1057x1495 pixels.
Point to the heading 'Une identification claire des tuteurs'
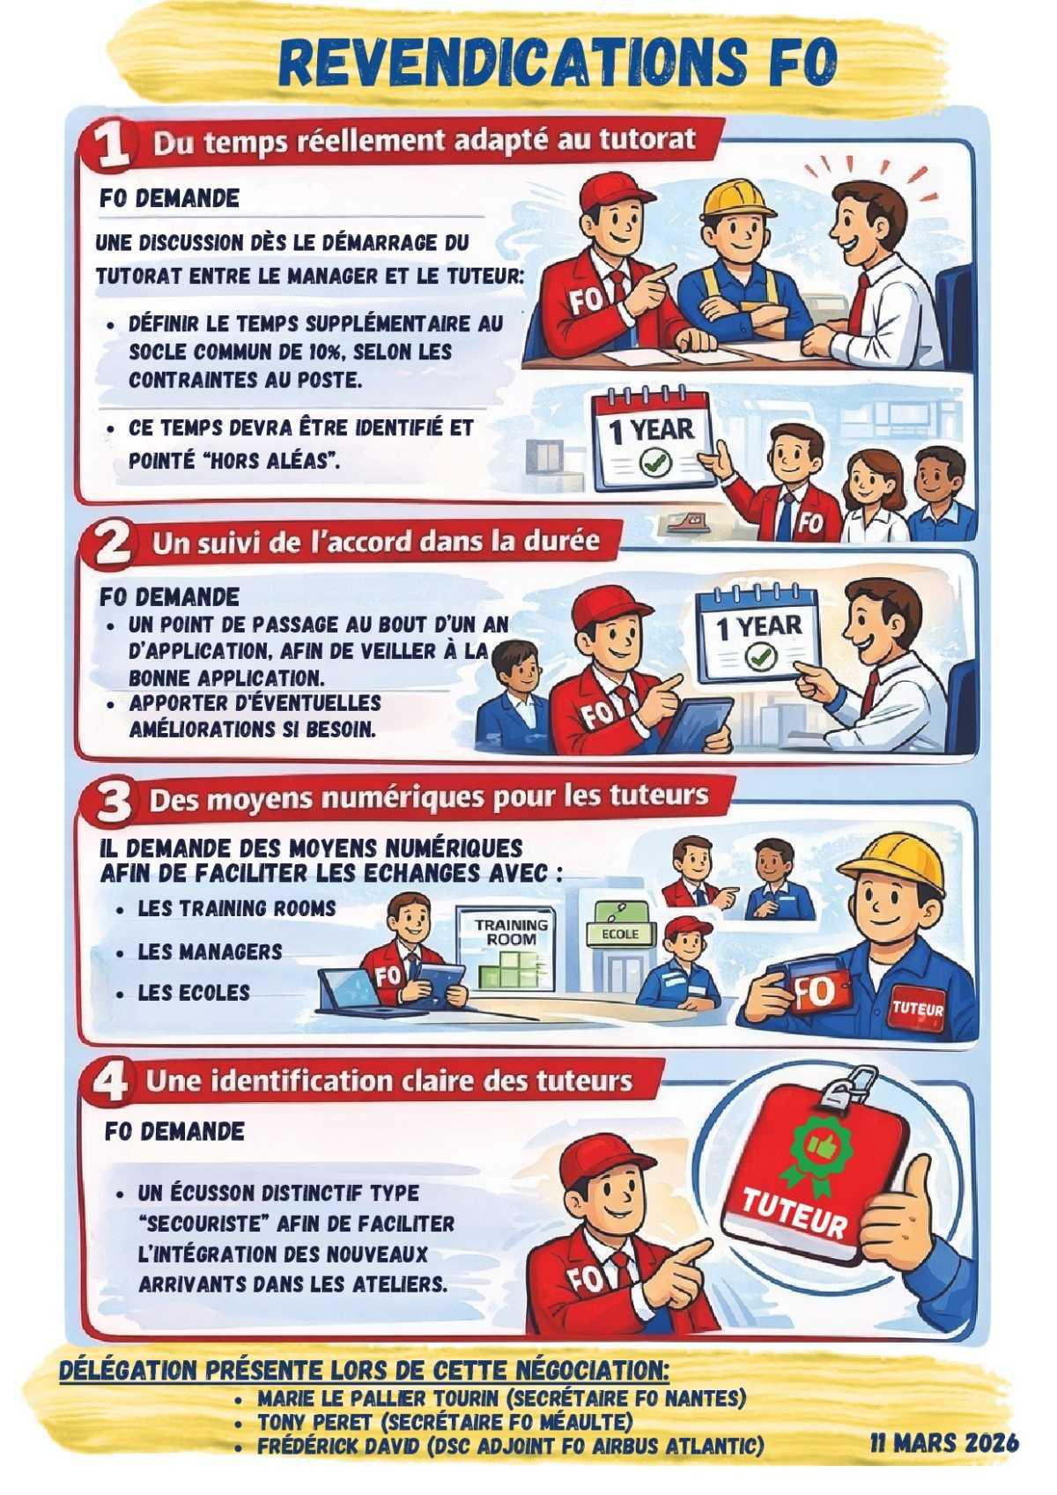point(389,1081)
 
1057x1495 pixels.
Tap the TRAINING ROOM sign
point(511,933)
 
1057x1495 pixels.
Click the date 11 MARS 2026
point(944,1442)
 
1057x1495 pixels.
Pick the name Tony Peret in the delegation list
point(318,1422)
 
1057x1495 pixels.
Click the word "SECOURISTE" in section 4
point(203,1224)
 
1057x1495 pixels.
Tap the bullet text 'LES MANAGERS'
point(210,951)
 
